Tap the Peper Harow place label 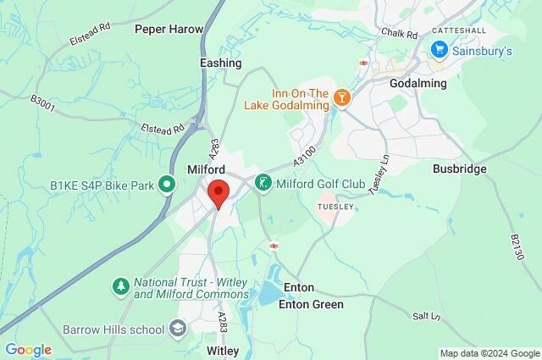click(169, 29)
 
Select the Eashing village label click(221, 63)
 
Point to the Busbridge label click(460, 169)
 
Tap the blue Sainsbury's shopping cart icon click(438, 51)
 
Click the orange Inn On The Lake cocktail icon click(342, 98)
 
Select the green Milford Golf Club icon click(263, 183)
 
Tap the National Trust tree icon click(121, 288)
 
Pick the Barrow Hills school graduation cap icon click(178, 327)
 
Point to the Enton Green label click(312, 305)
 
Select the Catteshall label click(457, 30)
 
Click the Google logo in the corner click(28, 350)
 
